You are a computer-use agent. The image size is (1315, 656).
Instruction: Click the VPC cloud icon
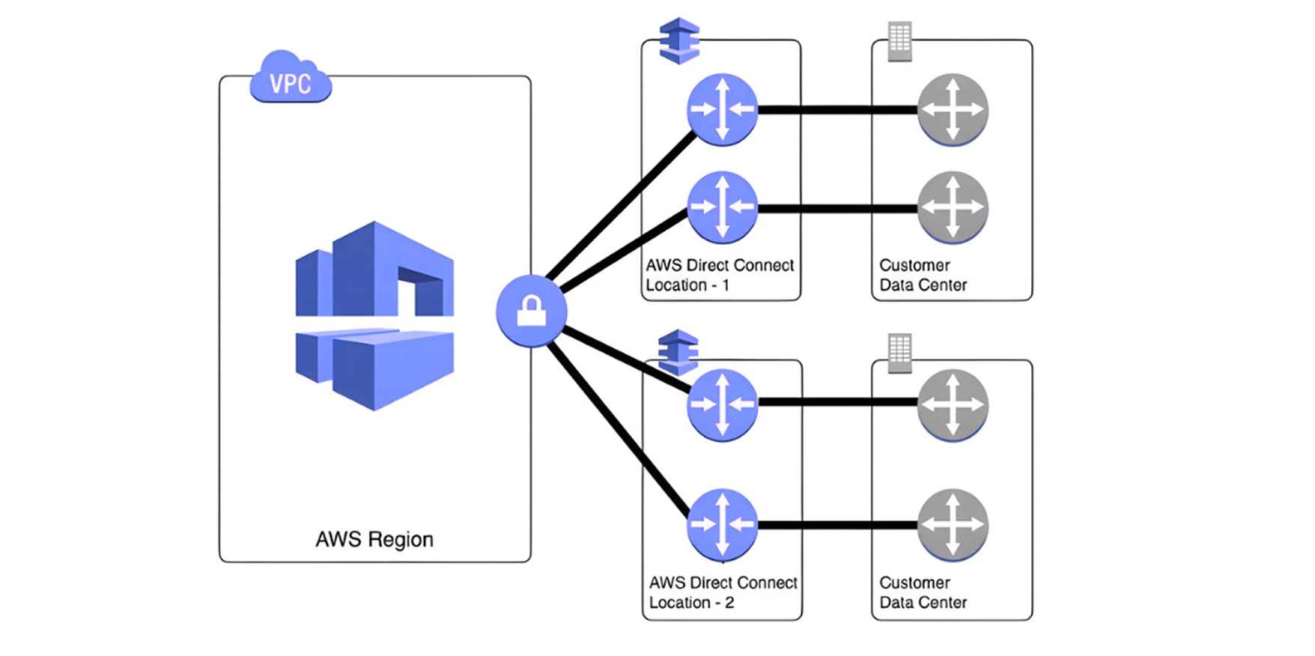point(291,79)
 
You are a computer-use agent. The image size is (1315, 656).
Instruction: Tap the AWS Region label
point(374,539)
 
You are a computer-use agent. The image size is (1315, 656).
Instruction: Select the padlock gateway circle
point(531,311)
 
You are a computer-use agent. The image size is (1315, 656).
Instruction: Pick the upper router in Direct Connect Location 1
point(722,109)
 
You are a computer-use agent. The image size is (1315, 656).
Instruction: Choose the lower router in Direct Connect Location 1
point(722,207)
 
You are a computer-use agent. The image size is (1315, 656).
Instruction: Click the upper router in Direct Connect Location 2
point(722,404)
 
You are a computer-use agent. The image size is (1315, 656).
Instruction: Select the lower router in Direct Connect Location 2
point(722,524)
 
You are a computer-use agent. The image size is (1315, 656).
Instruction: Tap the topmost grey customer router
point(952,109)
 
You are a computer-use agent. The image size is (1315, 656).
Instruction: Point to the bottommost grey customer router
point(952,524)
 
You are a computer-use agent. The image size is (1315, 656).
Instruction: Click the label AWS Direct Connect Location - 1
point(720,275)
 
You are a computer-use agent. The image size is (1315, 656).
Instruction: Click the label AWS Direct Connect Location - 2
point(723,592)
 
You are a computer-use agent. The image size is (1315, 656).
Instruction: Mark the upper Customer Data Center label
point(923,275)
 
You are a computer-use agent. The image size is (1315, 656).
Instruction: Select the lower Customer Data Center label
point(923,592)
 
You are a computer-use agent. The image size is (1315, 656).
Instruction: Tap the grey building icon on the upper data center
point(899,41)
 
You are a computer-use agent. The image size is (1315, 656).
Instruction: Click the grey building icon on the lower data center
point(899,353)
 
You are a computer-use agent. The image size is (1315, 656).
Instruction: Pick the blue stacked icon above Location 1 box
point(679,40)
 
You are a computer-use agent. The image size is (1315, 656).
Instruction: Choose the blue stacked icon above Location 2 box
point(678,351)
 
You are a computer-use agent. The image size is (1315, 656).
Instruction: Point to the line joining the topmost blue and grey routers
point(837,110)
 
